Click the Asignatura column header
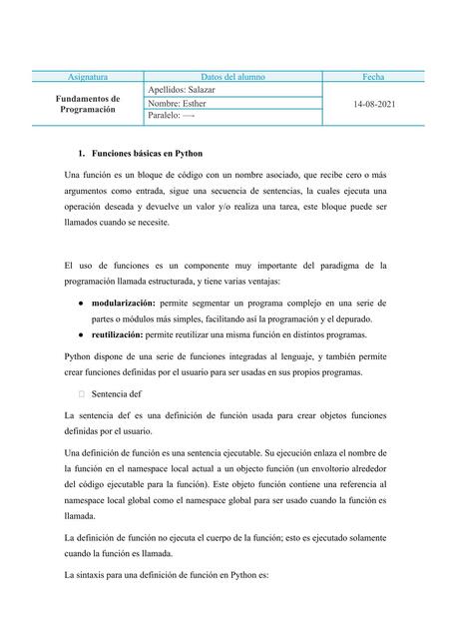tap(87, 76)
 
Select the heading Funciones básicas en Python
tap(147, 157)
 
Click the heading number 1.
tap(80, 157)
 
